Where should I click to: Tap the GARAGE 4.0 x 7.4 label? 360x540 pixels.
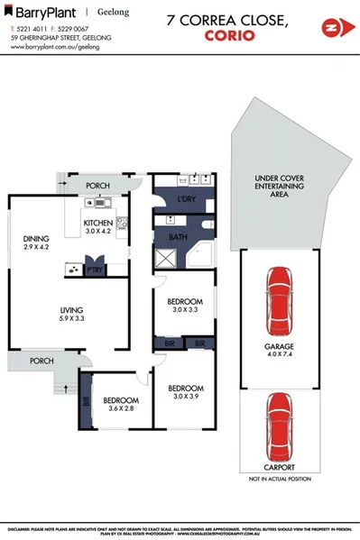point(281,349)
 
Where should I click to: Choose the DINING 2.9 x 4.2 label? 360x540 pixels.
point(37,243)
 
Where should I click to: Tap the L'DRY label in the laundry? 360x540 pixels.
point(187,197)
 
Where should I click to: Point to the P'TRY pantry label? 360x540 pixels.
point(92,269)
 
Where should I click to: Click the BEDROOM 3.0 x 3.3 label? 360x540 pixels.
point(185,305)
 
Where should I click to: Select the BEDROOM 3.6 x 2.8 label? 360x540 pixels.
point(119,405)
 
